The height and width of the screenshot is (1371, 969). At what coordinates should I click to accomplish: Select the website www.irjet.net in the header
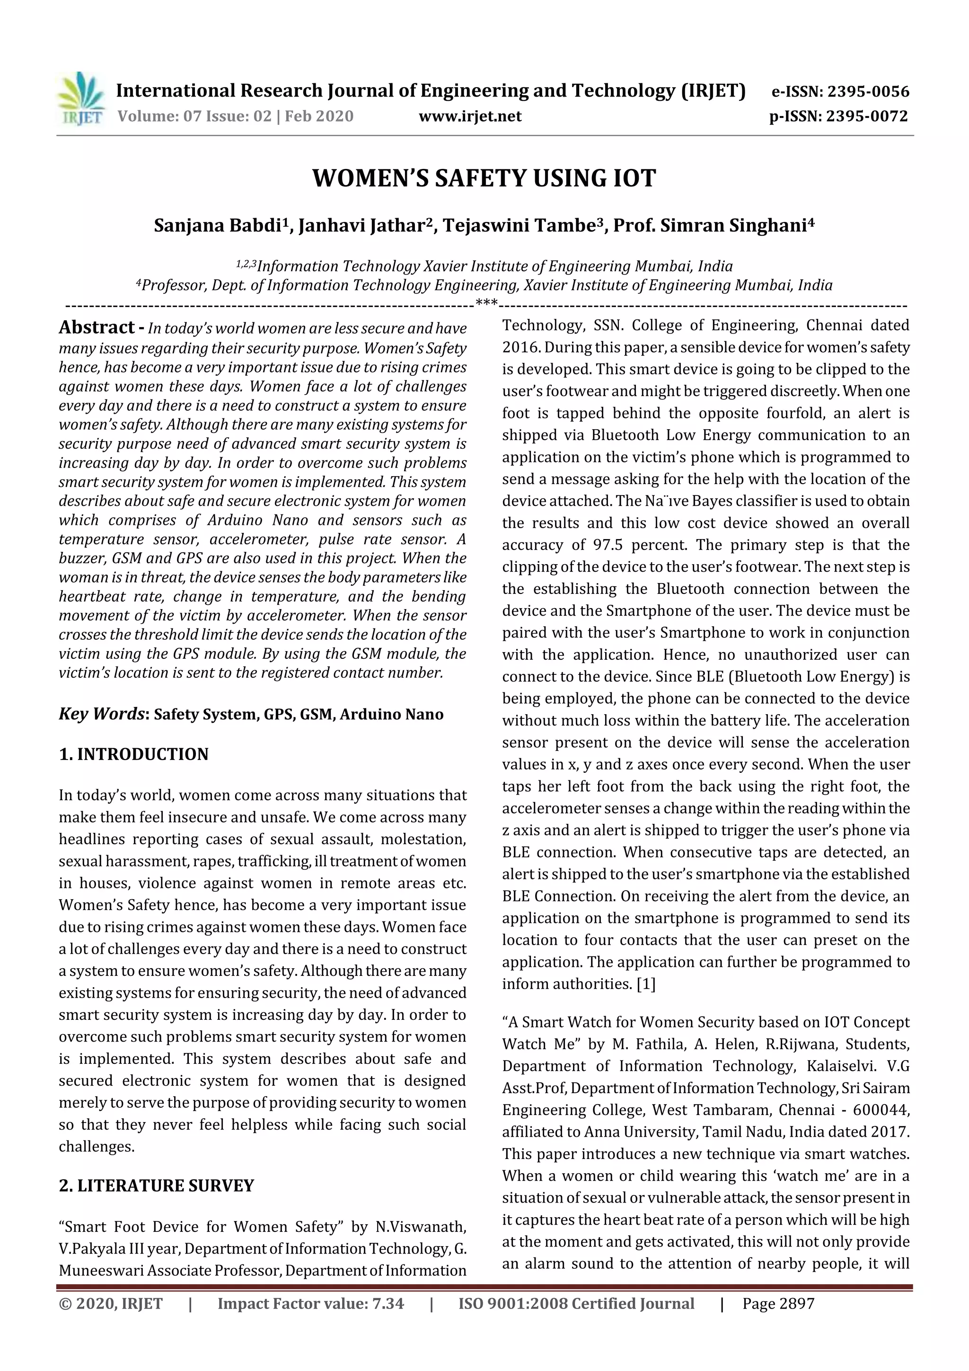coord(470,116)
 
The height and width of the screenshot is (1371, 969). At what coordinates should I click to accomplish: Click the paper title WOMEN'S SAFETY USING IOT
coord(484,178)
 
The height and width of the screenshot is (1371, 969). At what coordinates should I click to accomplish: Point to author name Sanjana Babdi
coord(218,226)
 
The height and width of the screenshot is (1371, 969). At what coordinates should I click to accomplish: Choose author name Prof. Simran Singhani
coord(709,226)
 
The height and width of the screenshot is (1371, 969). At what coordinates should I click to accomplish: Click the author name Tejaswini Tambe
coord(517,226)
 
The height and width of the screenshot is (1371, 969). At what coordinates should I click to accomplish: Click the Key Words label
coord(102,714)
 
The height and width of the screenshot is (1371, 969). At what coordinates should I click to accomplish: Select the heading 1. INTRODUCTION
coord(134,754)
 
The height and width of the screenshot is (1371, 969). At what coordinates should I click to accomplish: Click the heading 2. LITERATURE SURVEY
coord(157,1185)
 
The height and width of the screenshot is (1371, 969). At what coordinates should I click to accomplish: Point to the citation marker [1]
coord(645,984)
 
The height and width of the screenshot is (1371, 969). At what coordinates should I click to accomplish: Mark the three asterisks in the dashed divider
coord(486,304)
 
